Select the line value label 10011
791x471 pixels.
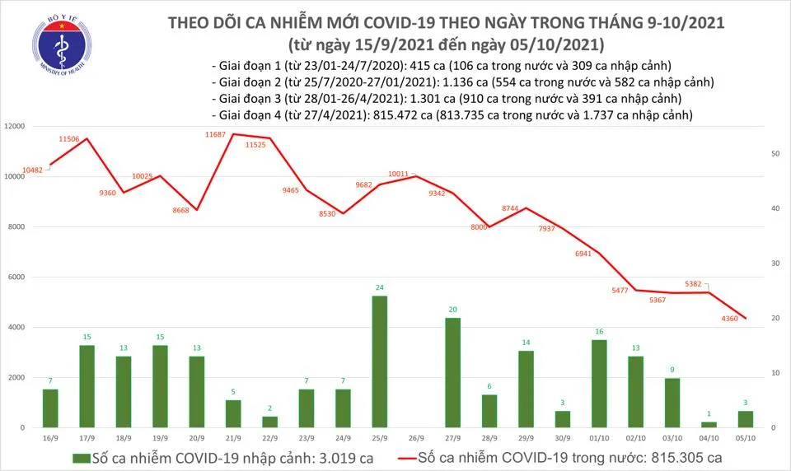click(400, 175)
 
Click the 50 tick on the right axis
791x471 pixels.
click(775, 154)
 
